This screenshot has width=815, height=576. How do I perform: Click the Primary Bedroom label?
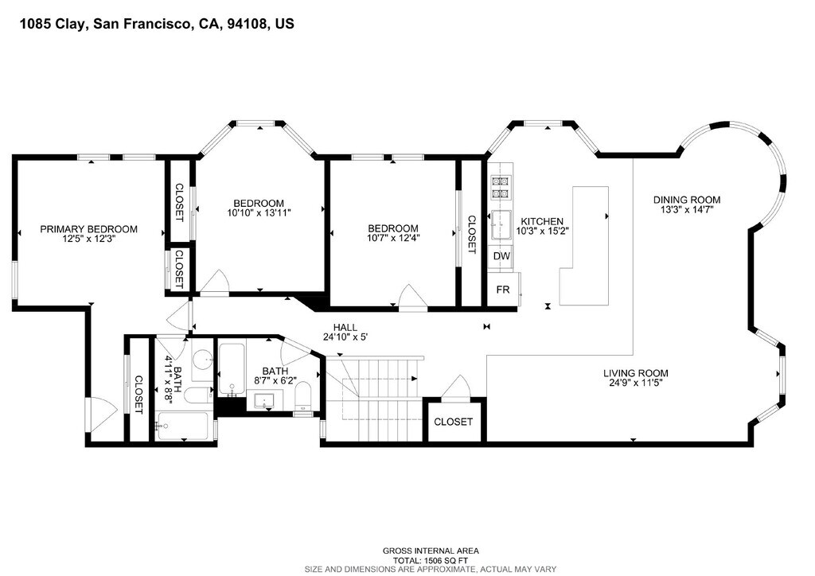89,229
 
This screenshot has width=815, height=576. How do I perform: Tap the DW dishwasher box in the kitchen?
501,256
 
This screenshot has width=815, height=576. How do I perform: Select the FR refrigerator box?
503,290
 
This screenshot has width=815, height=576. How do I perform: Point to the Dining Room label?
687,200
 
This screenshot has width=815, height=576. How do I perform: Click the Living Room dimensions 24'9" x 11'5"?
636,383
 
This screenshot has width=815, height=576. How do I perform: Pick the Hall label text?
345,328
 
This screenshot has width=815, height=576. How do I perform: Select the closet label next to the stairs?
453,422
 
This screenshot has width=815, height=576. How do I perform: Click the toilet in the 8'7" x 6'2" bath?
302,395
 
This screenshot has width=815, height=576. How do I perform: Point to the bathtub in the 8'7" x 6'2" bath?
231,369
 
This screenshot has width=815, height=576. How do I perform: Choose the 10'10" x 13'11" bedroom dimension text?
259,212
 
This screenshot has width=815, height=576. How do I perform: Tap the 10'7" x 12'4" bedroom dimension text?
393,238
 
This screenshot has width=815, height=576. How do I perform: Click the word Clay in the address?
71,24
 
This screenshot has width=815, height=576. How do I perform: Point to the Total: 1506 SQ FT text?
431,560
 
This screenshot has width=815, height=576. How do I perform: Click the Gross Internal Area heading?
431,551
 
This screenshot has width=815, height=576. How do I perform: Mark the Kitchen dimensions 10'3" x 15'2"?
542,231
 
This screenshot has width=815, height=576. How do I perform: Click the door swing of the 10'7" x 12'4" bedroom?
411,298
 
